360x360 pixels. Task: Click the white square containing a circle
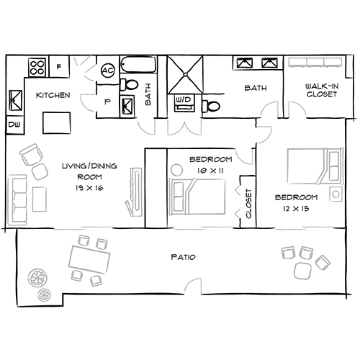(x=335, y=194)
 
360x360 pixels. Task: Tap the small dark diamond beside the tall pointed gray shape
(x=107, y=102)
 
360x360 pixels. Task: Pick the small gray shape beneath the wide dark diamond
(x=192, y=283)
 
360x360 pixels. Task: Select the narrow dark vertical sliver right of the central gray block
(x=247, y=202)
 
